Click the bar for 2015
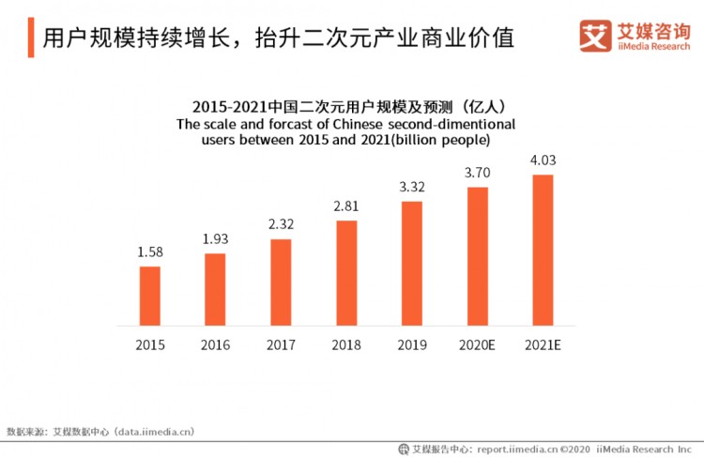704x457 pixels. click(x=150, y=296)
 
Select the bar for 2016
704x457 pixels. click(x=215, y=289)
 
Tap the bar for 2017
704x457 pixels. click(x=281, y=282)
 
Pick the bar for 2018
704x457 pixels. click(x=346, y=273)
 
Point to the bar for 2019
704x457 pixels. click(x=412, y=264)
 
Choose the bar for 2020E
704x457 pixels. click(x=478, y=256)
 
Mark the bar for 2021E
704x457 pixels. click(x=543, y=251)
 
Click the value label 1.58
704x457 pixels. click(x=150, y=253)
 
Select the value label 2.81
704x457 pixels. click(x=346, y=207)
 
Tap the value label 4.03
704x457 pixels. click(x=543, y=161)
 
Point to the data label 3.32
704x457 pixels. click(x=412, y=188)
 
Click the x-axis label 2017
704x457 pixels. click(x=281, y=344)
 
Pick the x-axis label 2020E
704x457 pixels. click(x=478, y=344)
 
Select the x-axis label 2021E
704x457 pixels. click(x=543, y=344)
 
